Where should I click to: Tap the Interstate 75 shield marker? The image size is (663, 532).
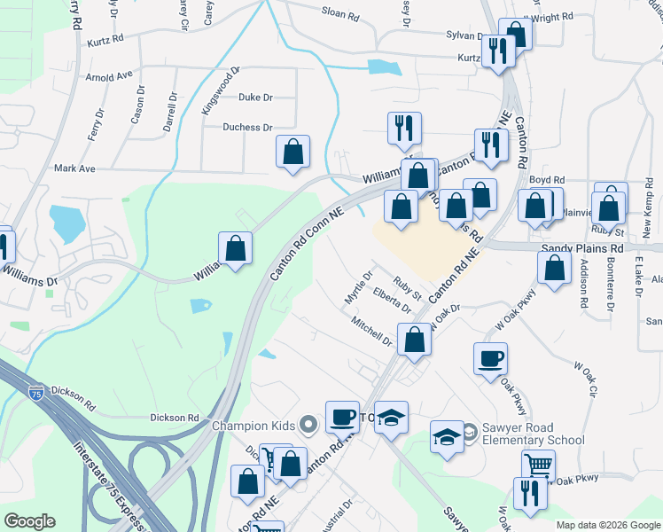click(x=36, y=391)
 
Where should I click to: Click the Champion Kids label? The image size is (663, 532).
click(x=253, y=426)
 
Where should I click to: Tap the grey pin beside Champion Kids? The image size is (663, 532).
click(x=308, y=426)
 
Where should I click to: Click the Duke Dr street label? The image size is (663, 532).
click(x=255, y=98)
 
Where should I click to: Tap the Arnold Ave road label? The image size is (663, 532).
click(x=108, y=76)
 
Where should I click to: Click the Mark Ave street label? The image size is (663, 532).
click(x=74, y=168)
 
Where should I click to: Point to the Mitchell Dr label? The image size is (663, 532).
click(x=370, y=331)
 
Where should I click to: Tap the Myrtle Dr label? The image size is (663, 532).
click(x=359, y=289)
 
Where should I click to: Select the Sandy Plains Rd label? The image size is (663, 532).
click(x=581, y=250)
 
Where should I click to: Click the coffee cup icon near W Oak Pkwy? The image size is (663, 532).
click(x=490, y=359)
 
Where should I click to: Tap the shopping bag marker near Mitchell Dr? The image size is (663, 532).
click(x=414, y=339)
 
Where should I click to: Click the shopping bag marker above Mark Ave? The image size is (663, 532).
click(x=292, y=152)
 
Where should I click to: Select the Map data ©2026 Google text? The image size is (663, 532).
click(x=609, y=525)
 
